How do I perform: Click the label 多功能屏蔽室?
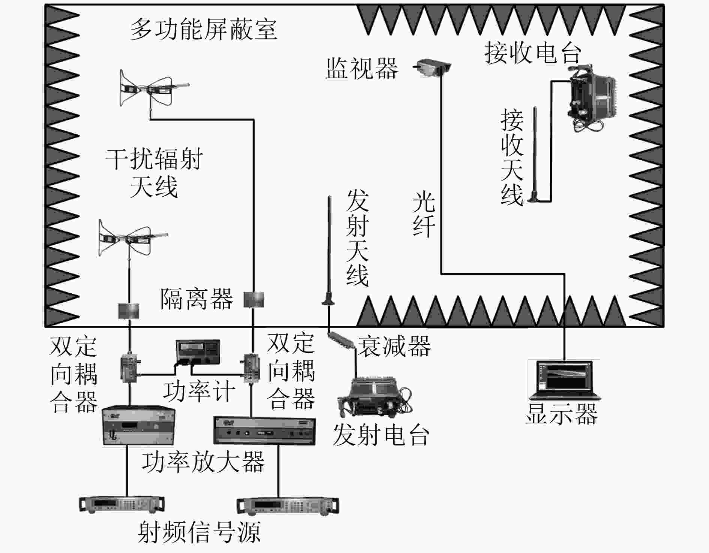tap(204, 30)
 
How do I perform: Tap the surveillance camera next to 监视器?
tap(433, 67)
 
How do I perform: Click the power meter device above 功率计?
tap(198, 352)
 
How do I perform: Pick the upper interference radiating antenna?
tap(152, 90)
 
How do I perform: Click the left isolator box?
tap(129, 311)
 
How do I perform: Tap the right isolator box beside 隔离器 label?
tap(254, 299)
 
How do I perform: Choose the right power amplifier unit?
tap(264, 431)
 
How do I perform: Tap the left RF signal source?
tap(122, 505)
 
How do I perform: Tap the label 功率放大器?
tap(204, 462)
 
